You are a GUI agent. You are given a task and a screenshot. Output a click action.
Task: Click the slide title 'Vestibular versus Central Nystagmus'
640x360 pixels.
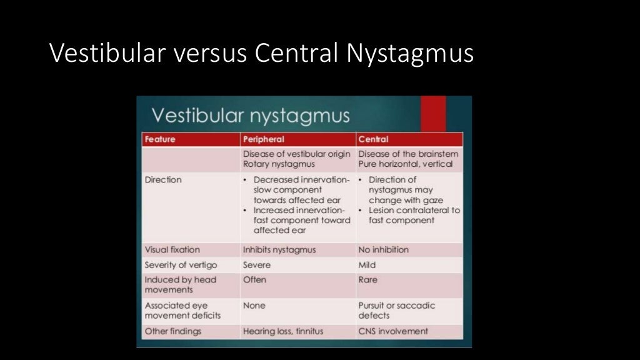[261, 54]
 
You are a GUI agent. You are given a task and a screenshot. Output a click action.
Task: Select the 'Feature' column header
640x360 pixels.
[160, 139]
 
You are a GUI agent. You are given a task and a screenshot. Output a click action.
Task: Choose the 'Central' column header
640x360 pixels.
[373, 139]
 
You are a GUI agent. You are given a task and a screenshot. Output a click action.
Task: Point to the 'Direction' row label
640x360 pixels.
[163, 180]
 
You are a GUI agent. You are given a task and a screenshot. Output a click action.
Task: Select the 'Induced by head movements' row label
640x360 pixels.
[181, 285]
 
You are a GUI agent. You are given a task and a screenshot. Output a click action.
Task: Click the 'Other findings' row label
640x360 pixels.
[173, 331]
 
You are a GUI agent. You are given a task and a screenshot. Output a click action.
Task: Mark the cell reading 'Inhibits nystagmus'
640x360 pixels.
[279, 250]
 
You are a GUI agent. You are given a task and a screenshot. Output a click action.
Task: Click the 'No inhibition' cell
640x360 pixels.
[383, 250]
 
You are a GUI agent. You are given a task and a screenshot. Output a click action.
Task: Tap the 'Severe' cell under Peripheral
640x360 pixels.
[257, 265]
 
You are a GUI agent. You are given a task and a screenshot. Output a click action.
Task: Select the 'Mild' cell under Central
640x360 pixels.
[367, 265]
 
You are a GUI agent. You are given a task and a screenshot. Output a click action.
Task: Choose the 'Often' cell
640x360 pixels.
[254, 280]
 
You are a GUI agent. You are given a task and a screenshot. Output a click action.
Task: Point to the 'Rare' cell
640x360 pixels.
[368, 280]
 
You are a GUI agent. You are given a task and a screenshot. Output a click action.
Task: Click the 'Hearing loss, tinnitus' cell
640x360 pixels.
[283, 331]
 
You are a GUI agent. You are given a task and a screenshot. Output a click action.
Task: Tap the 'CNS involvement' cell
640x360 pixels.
[393, 331]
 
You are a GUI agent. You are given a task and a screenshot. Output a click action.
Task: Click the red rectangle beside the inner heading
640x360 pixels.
[432, 114]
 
